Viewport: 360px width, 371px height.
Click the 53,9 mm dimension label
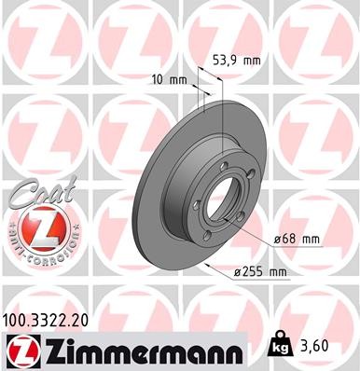tap(237, 60)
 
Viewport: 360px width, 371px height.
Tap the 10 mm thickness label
tap(166, 80)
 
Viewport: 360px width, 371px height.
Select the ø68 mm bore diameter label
tap(297, 239)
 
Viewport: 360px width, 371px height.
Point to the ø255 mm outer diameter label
tap(259, 271)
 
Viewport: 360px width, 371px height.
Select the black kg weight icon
tap(279, 347)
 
